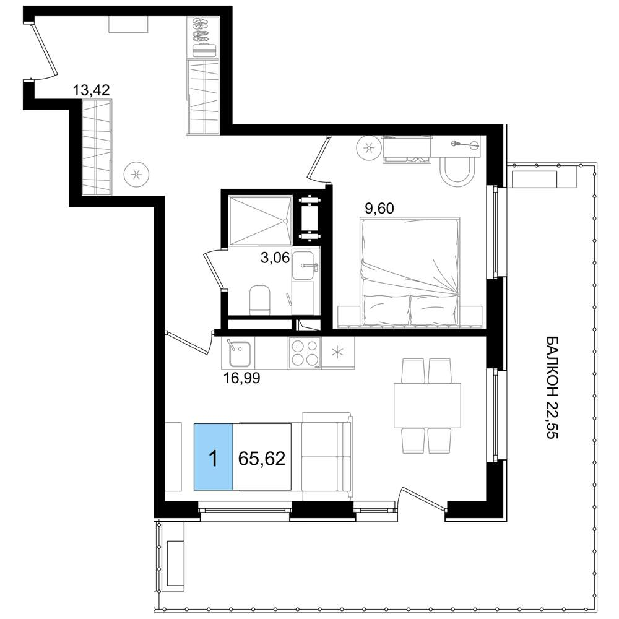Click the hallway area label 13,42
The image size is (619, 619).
[91, 90]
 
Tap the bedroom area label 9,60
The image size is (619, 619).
[379, 208]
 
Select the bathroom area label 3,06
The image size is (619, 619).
[275, 258]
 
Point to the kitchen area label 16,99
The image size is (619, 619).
[241, 378]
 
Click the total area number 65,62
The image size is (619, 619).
[262, 459]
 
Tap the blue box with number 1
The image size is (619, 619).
[213, 457]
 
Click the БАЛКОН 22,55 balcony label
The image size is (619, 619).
[552, 387]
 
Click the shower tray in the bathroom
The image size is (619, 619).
[261, 221]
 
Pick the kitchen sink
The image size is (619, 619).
[239, 353]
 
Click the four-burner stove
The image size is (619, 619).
[305, 353]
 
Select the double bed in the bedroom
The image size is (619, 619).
[410, 271]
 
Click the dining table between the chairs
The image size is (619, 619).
[427, 405]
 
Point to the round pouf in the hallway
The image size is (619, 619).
[136, 174]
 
